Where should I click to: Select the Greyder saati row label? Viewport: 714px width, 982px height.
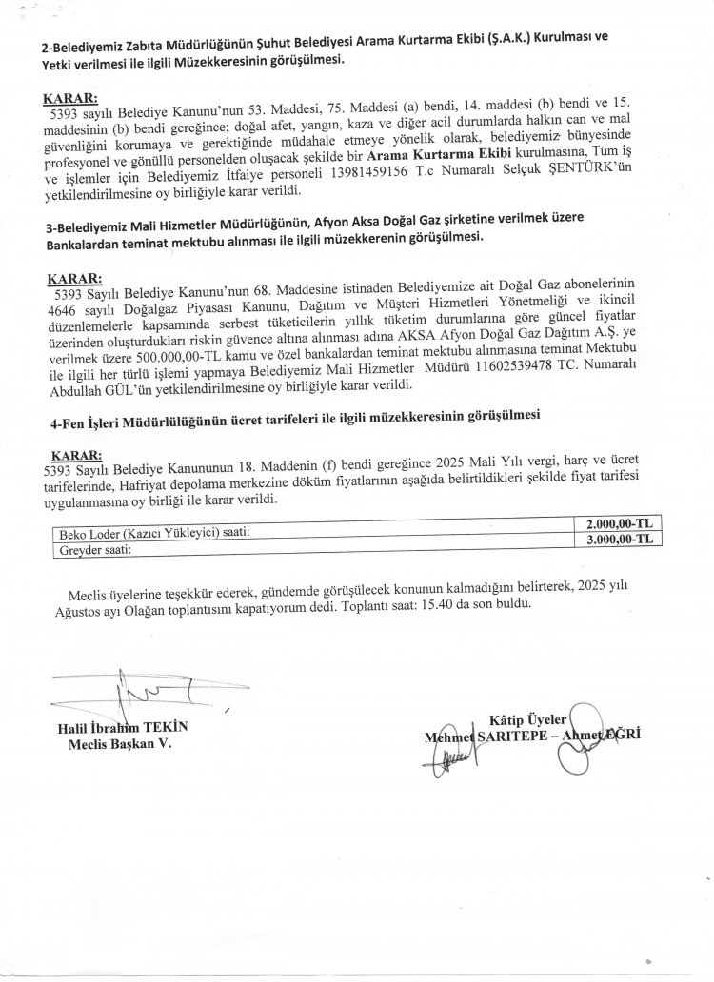click(x=94, y=549)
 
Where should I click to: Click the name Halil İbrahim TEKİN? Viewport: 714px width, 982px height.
click(x=123, y=728)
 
